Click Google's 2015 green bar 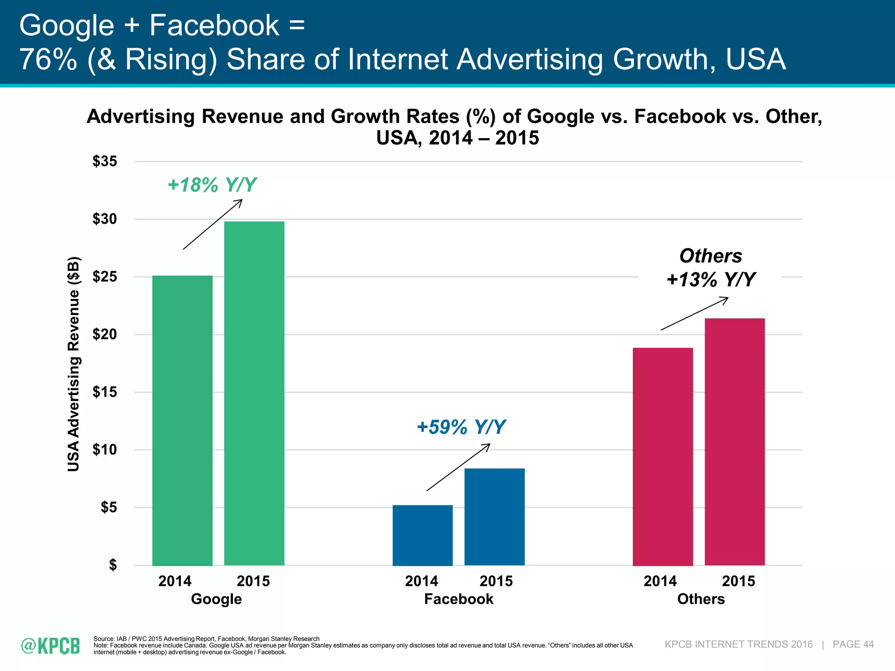click(x=254, y=393)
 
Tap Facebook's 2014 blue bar click(x=423, y=535)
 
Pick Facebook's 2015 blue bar click(x=494, y=517)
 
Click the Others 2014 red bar click(x=663, y=457)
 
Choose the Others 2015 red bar click(x=735, y=442)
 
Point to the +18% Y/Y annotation click(x=212, y=185)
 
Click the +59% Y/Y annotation click(x=461, y=427)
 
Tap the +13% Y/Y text click(x=711, y=279)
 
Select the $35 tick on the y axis click(x=105, y=162)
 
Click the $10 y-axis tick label click(x=105, y=450)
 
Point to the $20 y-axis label click(x=105, y=335)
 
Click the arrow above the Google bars click(x=212, y=225)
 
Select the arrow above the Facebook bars click(x=458, y=467)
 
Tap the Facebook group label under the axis click(x=458, y=598)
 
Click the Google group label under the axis click(x=216, y=598)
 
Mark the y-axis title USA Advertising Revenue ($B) click(x=73, y=364)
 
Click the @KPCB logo click(x=50, y=646)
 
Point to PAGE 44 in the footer click(x=853, y=644)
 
